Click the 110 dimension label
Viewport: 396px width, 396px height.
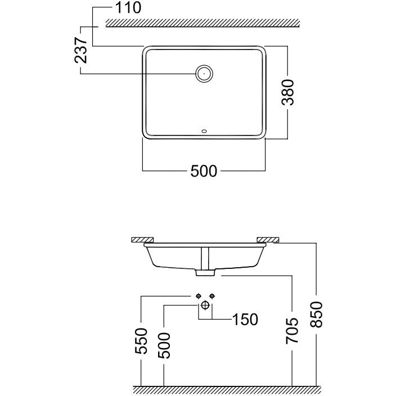coord(128,7)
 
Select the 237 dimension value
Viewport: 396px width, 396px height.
coord(81,50)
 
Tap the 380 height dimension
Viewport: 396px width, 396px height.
coord(288,92)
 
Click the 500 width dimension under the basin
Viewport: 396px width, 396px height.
coord(204,171)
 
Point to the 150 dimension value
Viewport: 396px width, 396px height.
coord(245,319)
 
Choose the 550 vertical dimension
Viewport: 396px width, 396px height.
coord(141,341)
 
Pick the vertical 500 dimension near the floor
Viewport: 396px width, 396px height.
coord(164,346)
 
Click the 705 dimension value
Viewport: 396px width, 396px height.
coord(292,331)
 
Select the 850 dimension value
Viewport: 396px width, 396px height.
coord(316,314)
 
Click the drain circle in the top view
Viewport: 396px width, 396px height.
coord(204,74)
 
